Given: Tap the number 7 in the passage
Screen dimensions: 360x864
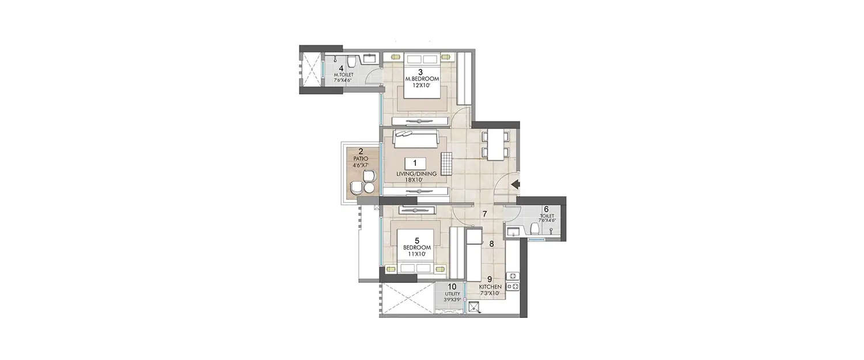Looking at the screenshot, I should [x=485, y=214].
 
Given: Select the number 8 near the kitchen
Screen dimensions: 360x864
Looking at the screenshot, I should [x=491, y=244].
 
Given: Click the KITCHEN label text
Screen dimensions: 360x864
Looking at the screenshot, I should [x=490, y=287].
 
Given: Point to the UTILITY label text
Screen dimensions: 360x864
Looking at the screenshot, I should [x=452, y=293].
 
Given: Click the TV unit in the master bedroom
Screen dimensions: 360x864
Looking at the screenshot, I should [x=420, y=121].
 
